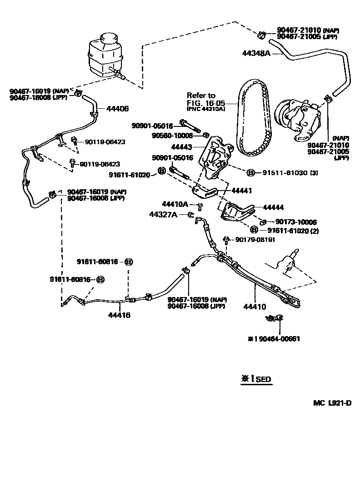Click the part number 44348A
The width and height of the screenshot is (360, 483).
click(x=256, y=53)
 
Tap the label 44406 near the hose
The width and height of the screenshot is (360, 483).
click(x=117, y=109)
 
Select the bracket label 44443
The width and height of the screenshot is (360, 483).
click(x=182, y=147)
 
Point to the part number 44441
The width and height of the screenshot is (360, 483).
click(x=242, y=191)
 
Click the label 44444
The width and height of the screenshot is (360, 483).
click(x=273, y=207)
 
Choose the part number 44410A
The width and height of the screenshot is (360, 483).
click(x=175, y=204)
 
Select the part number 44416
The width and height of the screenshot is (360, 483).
click(x=119, y=315)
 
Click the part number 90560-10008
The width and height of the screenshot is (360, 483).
click(x=173, y=136)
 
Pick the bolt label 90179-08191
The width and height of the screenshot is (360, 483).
click(x=255, y=240)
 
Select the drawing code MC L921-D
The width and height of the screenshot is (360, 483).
click(x=332, y=403)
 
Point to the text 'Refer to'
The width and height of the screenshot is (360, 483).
click(x=201, y=96)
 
